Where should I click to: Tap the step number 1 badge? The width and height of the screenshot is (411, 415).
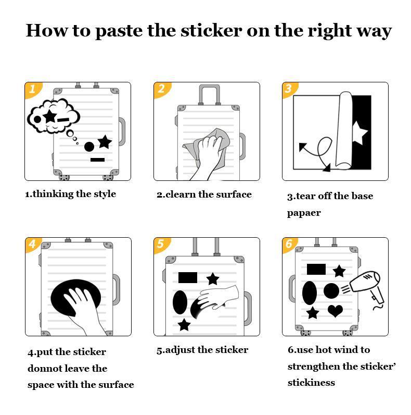(x=32, y=89)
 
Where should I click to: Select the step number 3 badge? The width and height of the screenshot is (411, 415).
(x=289, y=89)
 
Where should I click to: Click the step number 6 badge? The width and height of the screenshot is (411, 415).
(x=289, y=245)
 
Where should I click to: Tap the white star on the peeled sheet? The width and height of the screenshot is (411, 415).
(x=359, y=133)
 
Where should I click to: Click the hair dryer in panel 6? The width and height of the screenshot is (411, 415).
(x=366, y=287)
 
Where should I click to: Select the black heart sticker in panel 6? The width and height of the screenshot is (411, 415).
(x=335, y=311)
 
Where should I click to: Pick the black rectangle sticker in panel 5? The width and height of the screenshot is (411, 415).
(x=188, y=277)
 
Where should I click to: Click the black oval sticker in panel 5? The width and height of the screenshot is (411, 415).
(x=179, y=302)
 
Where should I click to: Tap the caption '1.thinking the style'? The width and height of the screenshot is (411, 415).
(x=70, y=194)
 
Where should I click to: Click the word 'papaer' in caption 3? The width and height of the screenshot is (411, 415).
(x=304, y=213)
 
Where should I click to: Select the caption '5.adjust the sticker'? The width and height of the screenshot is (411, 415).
(x=202, y=350)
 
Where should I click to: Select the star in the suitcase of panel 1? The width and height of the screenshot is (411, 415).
(x=105, y=141)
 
